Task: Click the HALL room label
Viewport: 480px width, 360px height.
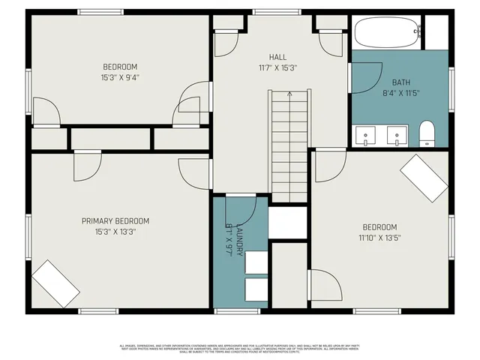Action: (x=277, y=57)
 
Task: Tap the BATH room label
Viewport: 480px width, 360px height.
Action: (x=400, y=82)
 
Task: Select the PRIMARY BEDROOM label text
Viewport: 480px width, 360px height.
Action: (x=115, y=221)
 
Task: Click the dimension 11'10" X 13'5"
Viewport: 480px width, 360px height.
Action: (x=379, y=238)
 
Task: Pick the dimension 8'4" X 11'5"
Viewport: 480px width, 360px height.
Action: (x=400, y=94)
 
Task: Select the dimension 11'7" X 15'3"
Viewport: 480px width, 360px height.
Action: (x=277, y=67)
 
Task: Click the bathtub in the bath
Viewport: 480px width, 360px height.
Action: (x=385, y=33)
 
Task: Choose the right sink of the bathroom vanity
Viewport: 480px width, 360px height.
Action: (x=395, y=136)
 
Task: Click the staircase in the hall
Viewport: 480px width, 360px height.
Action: (x=289, y=146)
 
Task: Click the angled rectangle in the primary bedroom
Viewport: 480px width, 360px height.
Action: (x=55, y=283)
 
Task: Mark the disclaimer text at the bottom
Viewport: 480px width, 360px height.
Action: (x=240, y=348)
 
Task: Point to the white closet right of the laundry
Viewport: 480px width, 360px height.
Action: (x=288, y=223)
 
